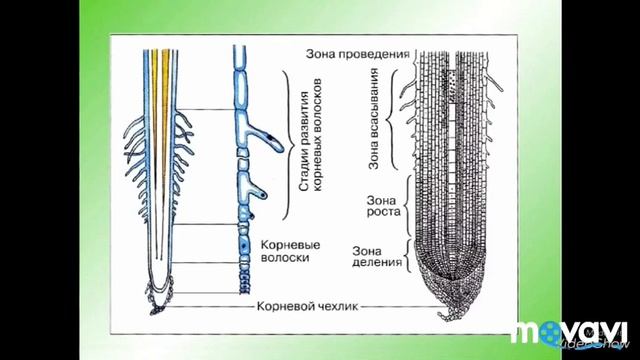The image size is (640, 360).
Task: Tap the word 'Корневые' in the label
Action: pos(289,241)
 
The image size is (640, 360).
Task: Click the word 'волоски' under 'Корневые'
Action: pos(284,256)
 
